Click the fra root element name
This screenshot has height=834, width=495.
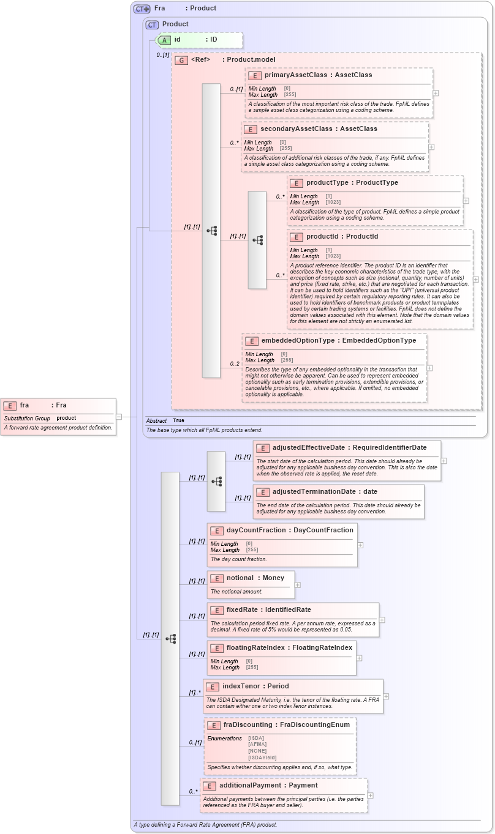tap(25, 405)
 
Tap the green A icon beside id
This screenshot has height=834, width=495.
tap(164, 40)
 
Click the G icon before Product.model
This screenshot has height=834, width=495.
tap(181, 60)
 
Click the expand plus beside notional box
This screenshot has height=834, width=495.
tap(298, 585)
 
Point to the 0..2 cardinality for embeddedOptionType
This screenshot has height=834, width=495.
tap(235, 364)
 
